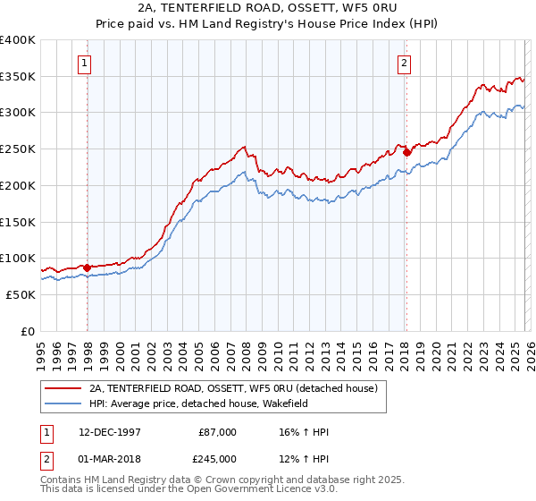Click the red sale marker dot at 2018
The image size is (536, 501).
(x=406, y=152)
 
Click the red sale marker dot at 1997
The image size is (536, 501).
(x=87, y=267)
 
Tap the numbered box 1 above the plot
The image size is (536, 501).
(x=83, y=63)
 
